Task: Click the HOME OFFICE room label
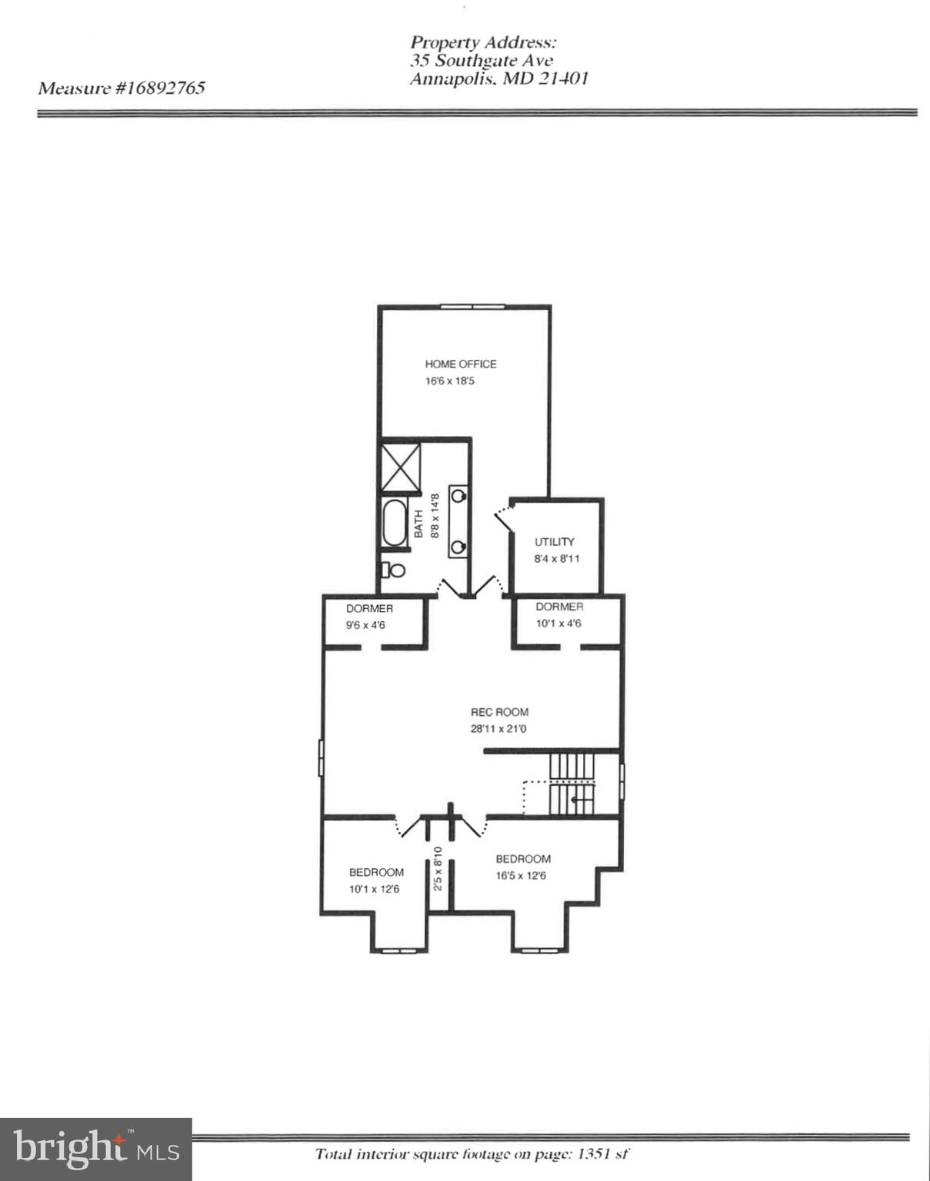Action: pyautogui.click(x=460, y=364)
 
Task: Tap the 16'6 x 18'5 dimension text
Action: pyautogui.click(x=449, y=381)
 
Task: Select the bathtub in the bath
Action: pyautogui.click(x=395, y=523)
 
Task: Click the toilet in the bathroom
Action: pyautogui.click(x=393, y=570)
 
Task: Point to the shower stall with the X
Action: pyautogui.click(x=401, y=467)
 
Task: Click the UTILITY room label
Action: pyautogui.click(x=554, y=541)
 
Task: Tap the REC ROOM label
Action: pyautogui.click(x=499, y=712)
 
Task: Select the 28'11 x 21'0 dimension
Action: pyautogui.click(x=498, y=729)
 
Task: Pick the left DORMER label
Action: pyautogui.click(x=369, y=608)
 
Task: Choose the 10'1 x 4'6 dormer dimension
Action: pyautogui.click(x=558, y=624)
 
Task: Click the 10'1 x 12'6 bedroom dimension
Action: pyautogui.click(x=374, y=889)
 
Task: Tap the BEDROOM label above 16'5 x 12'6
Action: pyautogui.click(x=523, y=859)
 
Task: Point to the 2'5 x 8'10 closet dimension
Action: pyautogui.click(x=438, y=869)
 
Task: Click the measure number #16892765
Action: pyautogui.click(x=160, y=88)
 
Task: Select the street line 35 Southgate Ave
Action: pyautogui.click(x=481, y=60)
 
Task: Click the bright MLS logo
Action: pyautogui.click(x=96, y=1149)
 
